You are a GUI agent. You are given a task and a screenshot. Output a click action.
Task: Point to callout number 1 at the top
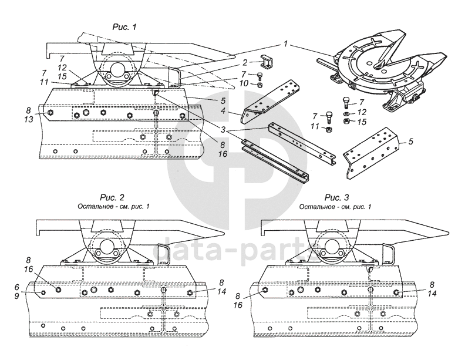[x=285, y=43]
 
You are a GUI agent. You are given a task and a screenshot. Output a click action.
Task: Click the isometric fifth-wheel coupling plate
[x=376, y=65]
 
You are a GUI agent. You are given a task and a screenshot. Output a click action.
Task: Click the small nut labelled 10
[x=258, y=85]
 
